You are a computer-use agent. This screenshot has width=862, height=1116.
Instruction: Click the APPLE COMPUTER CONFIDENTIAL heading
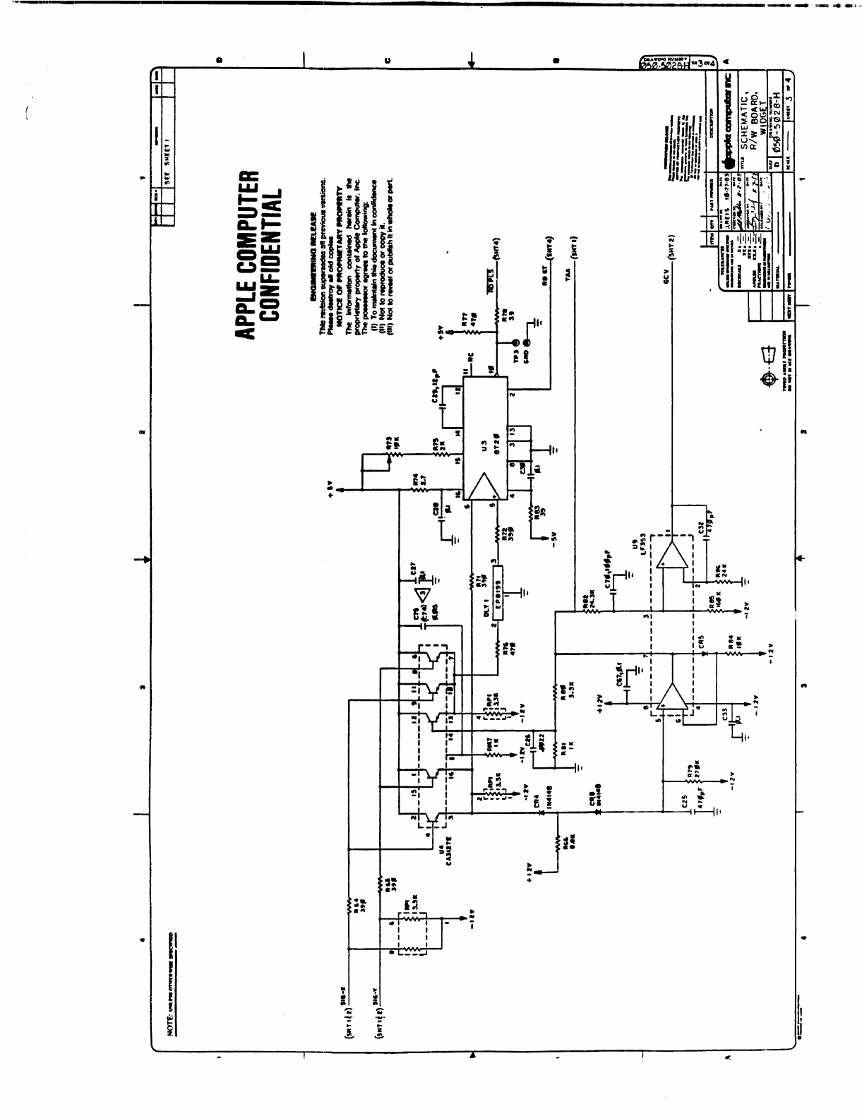point(259,253)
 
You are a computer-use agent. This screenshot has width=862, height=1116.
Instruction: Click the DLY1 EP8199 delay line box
point(498,590)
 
